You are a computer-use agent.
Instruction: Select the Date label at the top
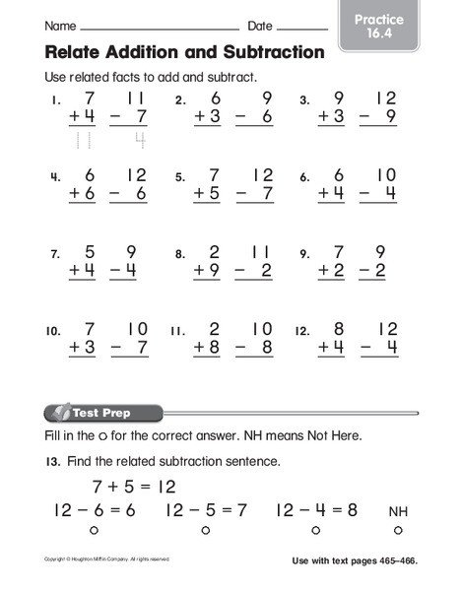tap(260, 24)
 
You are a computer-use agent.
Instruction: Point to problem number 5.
tap(180, 178)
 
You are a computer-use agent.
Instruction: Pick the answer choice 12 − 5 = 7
tap(205, 510)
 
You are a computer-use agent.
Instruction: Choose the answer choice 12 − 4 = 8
tap(316, 510)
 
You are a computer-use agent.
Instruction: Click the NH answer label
tap(397, 512)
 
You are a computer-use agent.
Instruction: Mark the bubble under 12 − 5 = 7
tap(205, 532)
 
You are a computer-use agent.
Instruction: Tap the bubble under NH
tap(398, 532)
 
